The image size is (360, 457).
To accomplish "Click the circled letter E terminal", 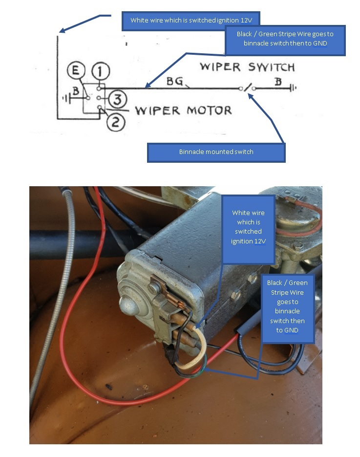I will [x=75, y=72].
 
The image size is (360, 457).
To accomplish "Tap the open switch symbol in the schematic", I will [x=248, y=88].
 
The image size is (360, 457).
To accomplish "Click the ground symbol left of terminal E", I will [x=65, y=98].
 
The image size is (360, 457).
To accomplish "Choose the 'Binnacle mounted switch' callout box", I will [x=216, y=152].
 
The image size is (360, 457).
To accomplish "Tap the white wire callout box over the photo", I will [x=248, y=227].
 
